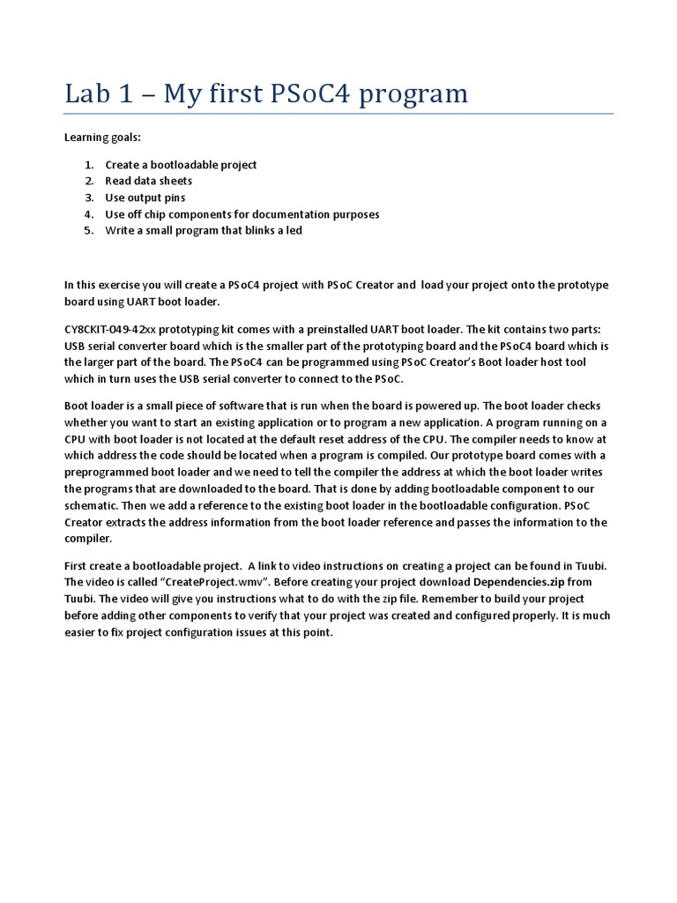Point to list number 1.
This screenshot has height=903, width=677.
(88, 165)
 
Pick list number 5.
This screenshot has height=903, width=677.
(88, 231)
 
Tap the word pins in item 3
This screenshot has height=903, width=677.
(174, 198)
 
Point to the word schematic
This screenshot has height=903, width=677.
(93, 505)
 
